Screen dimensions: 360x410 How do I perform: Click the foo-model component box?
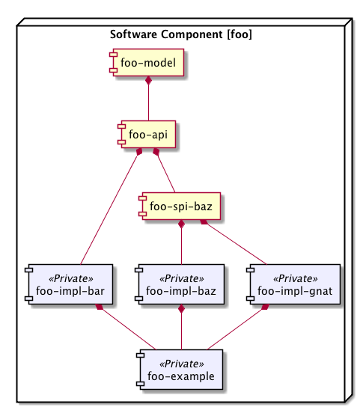pyautogui.click(x=147, y=63)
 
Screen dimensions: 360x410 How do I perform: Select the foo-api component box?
pyautogui.click(x=147, y=135)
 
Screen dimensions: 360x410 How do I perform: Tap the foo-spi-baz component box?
pyautogui.click(x=180, y=206)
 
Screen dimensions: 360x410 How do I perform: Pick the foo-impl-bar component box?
pyautogui.click(x=69, y=284)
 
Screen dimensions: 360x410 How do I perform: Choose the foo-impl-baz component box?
pyautogui.click(x=180, y=284)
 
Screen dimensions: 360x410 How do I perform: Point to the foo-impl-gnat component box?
pyautogui.click(x=293, y=284)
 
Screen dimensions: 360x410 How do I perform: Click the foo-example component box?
pyautogui.click(x=180, y=370)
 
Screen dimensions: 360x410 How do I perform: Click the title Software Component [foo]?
pyautogui.click(x=181, y=34)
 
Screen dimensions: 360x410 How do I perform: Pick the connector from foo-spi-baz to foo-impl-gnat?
pyautogui.click(x=234, y=242)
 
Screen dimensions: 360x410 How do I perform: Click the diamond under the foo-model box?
pyautogui.click(x=149, y=81)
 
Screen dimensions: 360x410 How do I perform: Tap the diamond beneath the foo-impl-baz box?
pyautogui.click(x=181, y=308)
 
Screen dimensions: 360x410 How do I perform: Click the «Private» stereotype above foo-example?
pyautogui.click(x=182, y=364)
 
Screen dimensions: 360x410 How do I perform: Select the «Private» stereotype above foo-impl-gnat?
pyautogui.click(x=296, y=278)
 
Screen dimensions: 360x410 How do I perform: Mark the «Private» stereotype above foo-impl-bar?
pyautogui.click(x=71, y=278)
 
